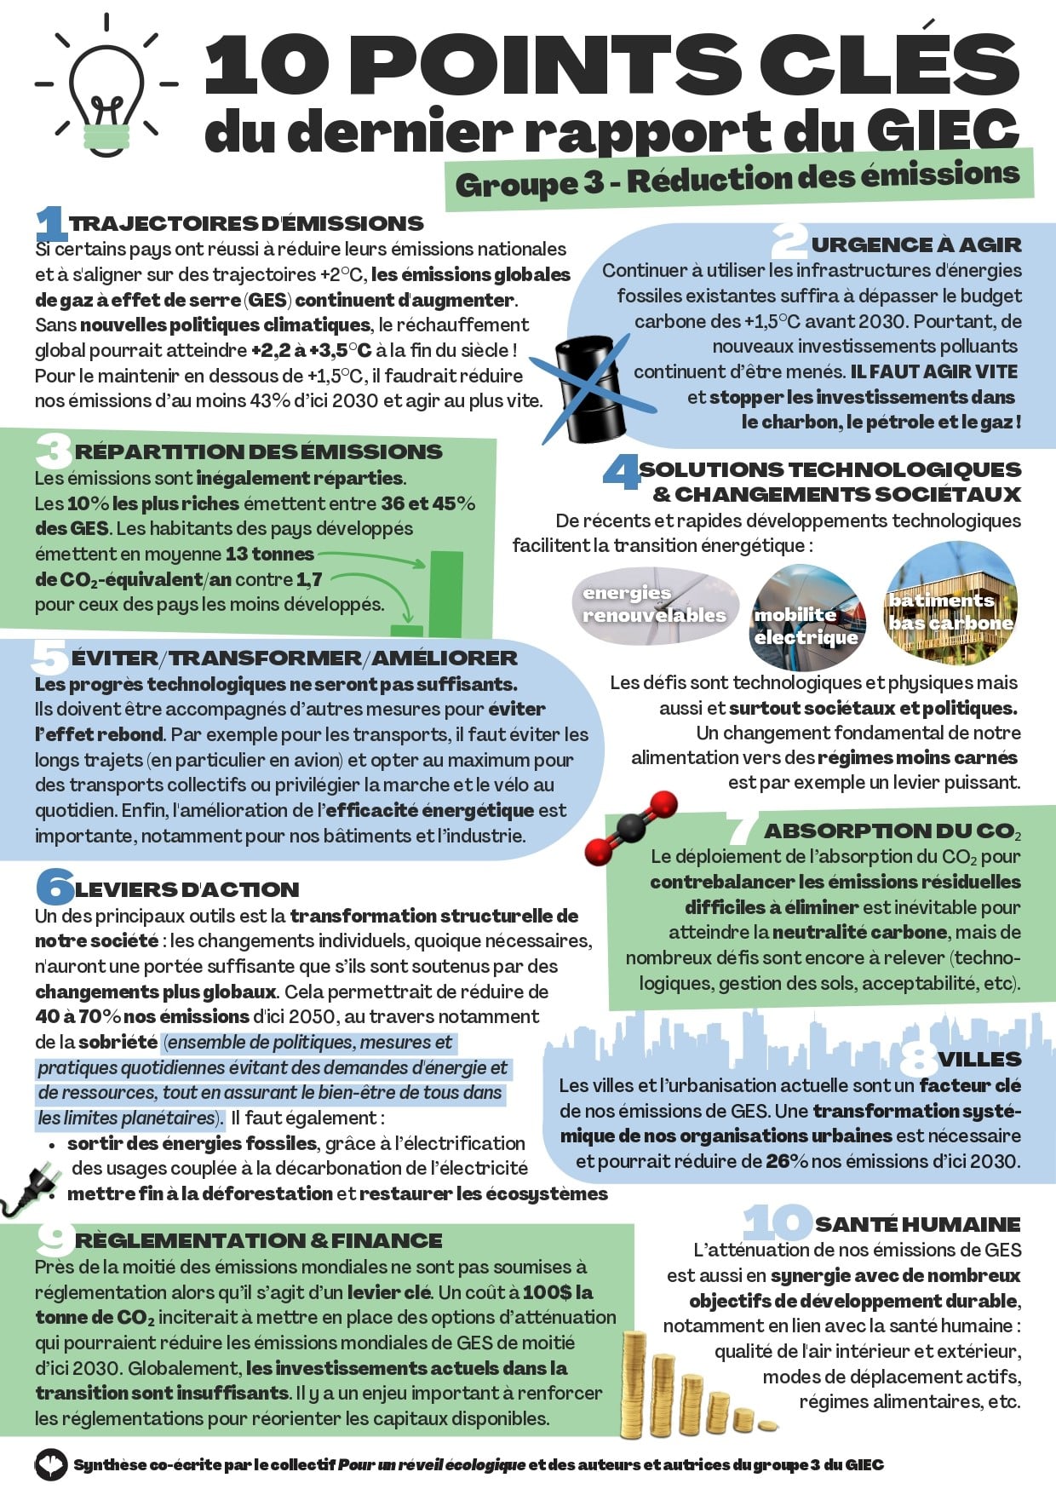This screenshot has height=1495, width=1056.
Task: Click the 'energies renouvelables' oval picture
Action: pyautogui.click(x=654, y=605)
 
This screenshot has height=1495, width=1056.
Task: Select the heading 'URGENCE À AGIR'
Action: pyautogui.click(x=915, y=245)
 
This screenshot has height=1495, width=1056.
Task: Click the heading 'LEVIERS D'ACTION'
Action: pyautogui.click(x=187, y=890)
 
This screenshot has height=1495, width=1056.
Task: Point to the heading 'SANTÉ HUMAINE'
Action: pyautogui.click(x=916, y=1224)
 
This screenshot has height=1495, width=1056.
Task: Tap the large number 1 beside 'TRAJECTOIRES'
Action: pyautogui.click(x=51, y=223)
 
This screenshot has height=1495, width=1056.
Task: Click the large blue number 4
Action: pyautogui.click(x=621, y=472)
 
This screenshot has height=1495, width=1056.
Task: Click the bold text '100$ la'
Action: pyautogui.click(x=558, y=1292)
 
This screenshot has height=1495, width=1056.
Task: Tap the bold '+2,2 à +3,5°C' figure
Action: pyautogui.click(x=312, y=350)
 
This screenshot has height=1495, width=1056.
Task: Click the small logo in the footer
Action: pyautogui.click(x=50, y=1464)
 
